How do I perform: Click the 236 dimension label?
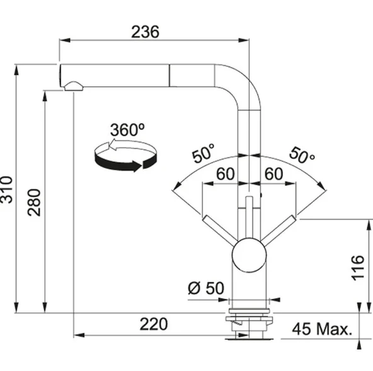point(145,32)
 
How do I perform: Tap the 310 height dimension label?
point(6,190)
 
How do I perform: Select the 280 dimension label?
point(34,202)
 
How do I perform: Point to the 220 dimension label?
point(154,324)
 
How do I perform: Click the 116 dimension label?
point(358,268)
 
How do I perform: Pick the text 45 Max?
point(322,329)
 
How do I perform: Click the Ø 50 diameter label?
point(206,288)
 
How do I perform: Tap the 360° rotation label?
point(127,130)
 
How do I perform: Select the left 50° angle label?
point(204,153)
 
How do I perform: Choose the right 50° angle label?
point(302,156)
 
